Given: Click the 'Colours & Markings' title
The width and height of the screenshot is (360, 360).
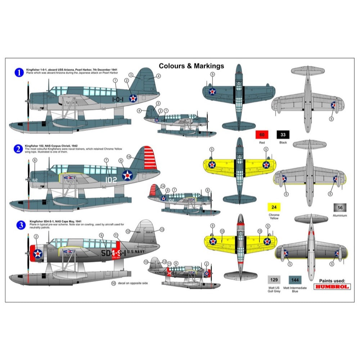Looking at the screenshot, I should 191,66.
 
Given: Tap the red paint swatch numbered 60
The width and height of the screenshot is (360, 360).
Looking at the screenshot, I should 262,135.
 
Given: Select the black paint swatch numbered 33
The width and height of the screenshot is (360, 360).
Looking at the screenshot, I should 283,135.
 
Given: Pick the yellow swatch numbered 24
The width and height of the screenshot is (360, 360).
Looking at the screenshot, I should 274,207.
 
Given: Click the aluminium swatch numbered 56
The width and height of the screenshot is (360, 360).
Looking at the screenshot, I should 340,207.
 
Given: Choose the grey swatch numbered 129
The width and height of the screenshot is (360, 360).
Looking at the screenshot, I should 274,280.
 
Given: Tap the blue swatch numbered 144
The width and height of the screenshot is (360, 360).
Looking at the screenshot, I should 295,280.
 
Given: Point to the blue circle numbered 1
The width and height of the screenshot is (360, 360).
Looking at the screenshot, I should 19,73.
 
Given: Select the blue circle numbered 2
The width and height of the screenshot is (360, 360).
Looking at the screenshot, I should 19,148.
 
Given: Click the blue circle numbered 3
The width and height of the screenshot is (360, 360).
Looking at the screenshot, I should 19,225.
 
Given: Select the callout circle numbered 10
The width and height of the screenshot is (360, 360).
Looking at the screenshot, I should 114,283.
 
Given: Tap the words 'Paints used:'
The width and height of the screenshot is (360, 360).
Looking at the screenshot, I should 332,280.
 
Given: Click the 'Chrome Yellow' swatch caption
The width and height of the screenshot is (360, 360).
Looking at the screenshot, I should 274,217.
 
